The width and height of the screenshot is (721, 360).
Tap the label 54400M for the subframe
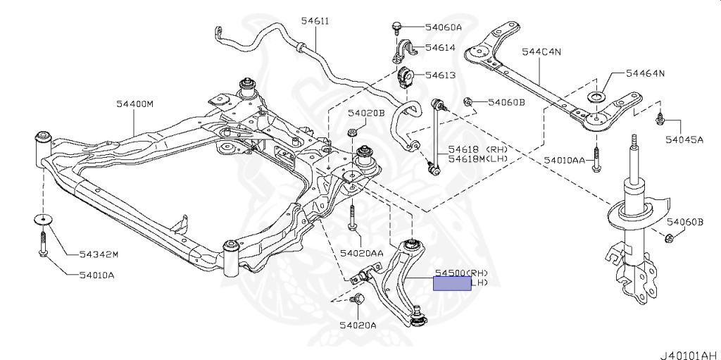(134, 104)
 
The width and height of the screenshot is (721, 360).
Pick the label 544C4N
(541, 51)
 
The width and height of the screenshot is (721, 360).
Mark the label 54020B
(366, 113)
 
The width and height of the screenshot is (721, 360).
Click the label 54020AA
(361, 252)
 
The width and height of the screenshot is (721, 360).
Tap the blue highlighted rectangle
(452, 283)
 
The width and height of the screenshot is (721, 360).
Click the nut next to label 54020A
(357, 299)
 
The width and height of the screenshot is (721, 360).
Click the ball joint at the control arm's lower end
(418, 316)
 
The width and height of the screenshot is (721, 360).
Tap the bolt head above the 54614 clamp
(396, 27)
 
